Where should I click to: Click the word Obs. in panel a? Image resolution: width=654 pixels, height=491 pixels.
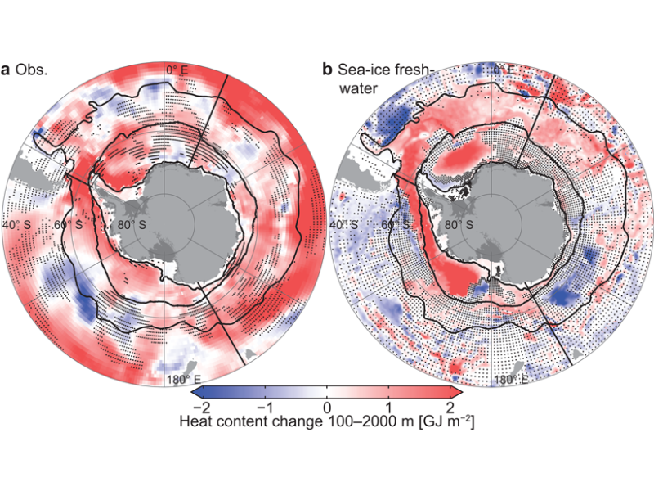(x=34, y=70)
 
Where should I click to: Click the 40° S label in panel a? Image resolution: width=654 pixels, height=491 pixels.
(x=17, y=224)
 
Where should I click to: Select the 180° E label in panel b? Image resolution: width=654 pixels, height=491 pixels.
(x=508, y=380)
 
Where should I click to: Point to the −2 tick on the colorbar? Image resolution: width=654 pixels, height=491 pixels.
(x=197, y=408)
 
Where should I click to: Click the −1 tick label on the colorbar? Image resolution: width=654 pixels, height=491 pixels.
(x=262, y=408)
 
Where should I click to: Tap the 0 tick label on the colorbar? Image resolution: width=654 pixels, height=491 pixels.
(x=327, y=408)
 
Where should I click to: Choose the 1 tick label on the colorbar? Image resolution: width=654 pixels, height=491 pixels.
(x=390, y=408)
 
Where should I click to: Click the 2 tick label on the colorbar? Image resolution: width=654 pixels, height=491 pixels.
(x=452, y=408)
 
